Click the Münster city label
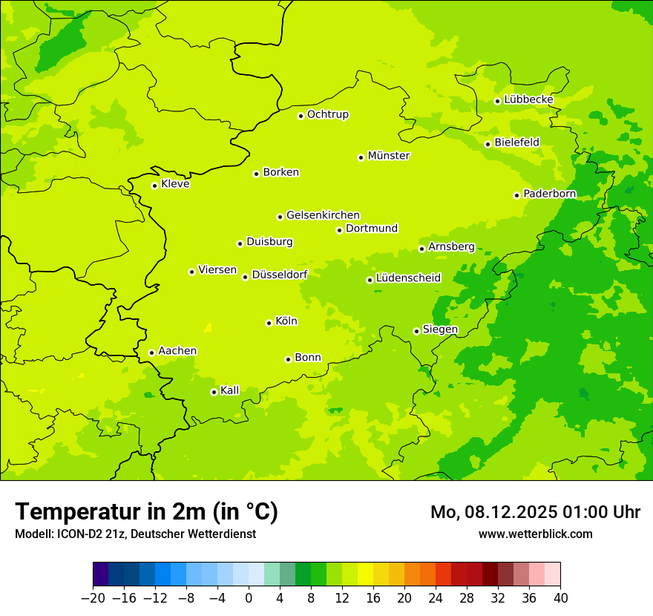(x=388, y=156)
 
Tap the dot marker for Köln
(x=269, y=323)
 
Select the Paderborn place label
(x=549, y=194)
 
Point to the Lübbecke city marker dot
(x=497, y=101)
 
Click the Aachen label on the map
(x=177, y=351)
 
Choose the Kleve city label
(x=175, y=184)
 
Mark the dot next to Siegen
(x=416, y=331)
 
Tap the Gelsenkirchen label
(x=323, y=215)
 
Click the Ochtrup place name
(x=327, y=114)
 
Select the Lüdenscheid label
(x=408, y=278)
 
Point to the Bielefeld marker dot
(x=488, y=144)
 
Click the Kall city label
(x=229, y=390)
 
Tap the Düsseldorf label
(x=279, y=275)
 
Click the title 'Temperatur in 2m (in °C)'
(x=146, y=511)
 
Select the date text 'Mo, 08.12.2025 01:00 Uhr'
(x=535, y=512)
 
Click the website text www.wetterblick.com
(x=535, y=534)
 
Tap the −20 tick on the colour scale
(x=93, y=598)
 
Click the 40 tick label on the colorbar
(x=560, y=598)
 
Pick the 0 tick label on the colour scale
(x=249, y=598)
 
